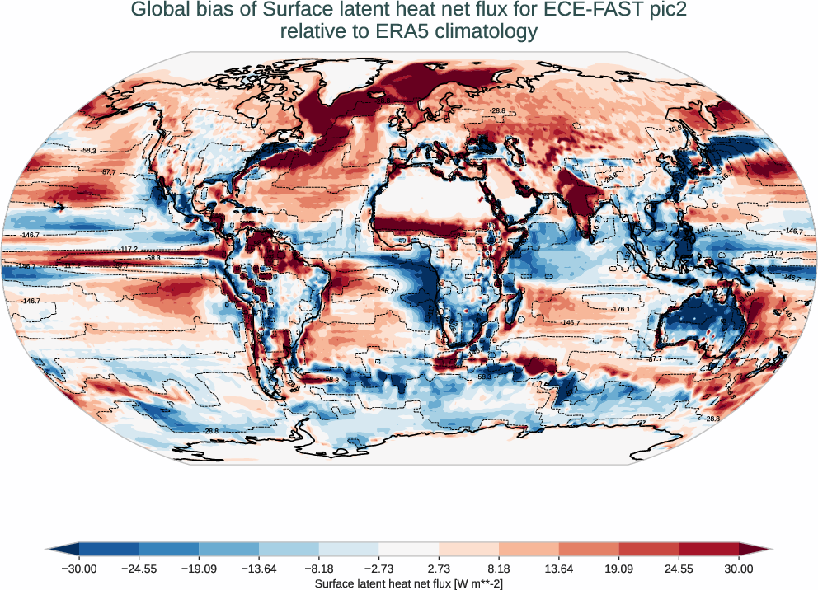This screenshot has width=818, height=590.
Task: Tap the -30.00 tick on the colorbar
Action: click(x=80, y=568)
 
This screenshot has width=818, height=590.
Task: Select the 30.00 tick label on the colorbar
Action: click(x=739, y=568)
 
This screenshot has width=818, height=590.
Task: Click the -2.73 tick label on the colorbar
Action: click(x=379, y=568)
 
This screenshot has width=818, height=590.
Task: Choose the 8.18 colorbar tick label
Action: click(x=499, y=568)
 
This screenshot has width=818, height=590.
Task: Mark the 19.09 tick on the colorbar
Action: click(x=619, y=568)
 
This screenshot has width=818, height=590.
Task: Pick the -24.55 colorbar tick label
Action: click(x=139, y=568)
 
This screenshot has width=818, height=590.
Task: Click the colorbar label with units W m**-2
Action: click(x=409, y=583)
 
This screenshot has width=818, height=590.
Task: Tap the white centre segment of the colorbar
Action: click(x=409, y=549)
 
